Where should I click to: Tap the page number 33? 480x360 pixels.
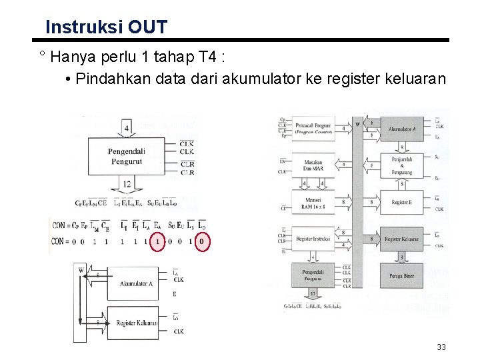tap(441, 347)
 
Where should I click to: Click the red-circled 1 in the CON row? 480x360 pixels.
tap(157, 241)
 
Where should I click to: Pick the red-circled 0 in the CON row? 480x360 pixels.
tap(202, 241)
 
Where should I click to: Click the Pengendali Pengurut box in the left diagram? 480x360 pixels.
tap(127, 155)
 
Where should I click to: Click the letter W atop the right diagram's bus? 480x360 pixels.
tap(358, 123)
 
